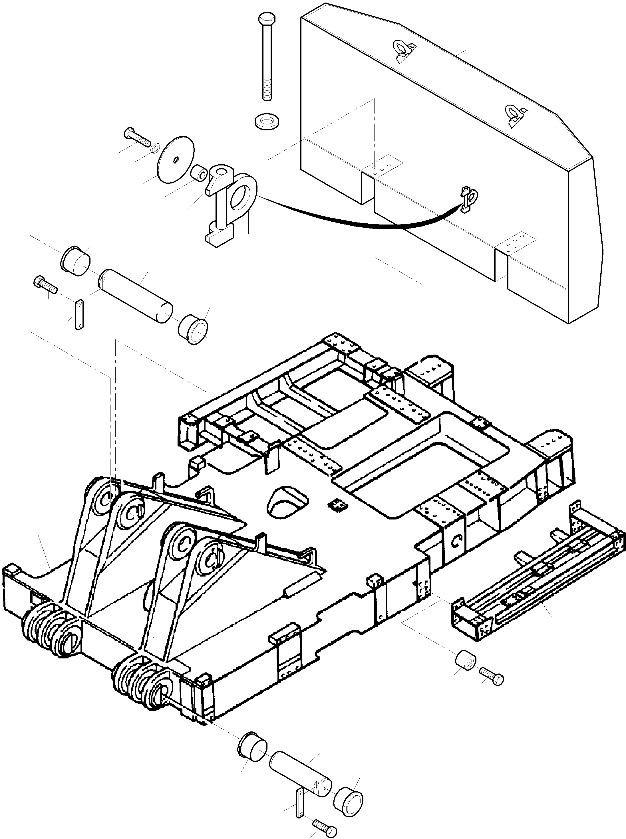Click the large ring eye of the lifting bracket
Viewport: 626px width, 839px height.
click(243, 195)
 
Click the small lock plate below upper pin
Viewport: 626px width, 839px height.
click(79, 315)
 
